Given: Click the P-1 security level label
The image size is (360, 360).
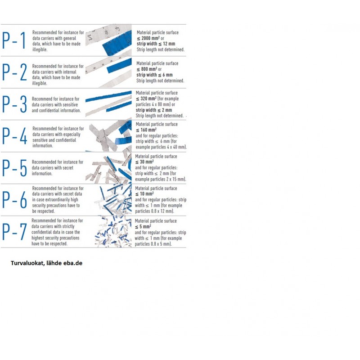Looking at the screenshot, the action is tap(13, 40).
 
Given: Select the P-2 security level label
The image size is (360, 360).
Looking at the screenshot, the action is tap(14, 72).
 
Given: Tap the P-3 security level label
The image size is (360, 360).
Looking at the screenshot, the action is tap(14, 104).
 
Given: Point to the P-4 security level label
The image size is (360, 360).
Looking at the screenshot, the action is tap(14, 136).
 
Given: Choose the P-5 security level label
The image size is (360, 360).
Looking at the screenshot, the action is tap(14, 168).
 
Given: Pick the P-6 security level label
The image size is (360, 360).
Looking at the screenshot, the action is tap(14, 200).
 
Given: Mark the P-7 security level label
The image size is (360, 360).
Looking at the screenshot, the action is tap(14, 232).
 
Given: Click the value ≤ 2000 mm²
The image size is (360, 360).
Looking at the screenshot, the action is tap(148, 38).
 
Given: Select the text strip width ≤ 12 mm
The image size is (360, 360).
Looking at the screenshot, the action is tap(156, 44).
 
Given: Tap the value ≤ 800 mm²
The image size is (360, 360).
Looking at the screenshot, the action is tap(147, 69).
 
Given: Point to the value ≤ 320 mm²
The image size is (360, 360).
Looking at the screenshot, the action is tap(146, 99).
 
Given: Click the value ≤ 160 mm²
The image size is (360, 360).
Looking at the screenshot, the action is tap(146, 130).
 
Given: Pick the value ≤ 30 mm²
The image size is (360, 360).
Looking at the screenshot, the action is tap(144, 162).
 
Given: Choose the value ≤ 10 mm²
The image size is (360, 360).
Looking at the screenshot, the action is tap(144, 194).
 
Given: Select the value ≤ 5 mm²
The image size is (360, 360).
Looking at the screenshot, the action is tap(143, 227).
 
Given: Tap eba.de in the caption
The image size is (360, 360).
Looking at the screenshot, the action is tap(73, 263).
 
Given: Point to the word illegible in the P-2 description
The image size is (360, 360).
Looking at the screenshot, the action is tap(40, 83).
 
